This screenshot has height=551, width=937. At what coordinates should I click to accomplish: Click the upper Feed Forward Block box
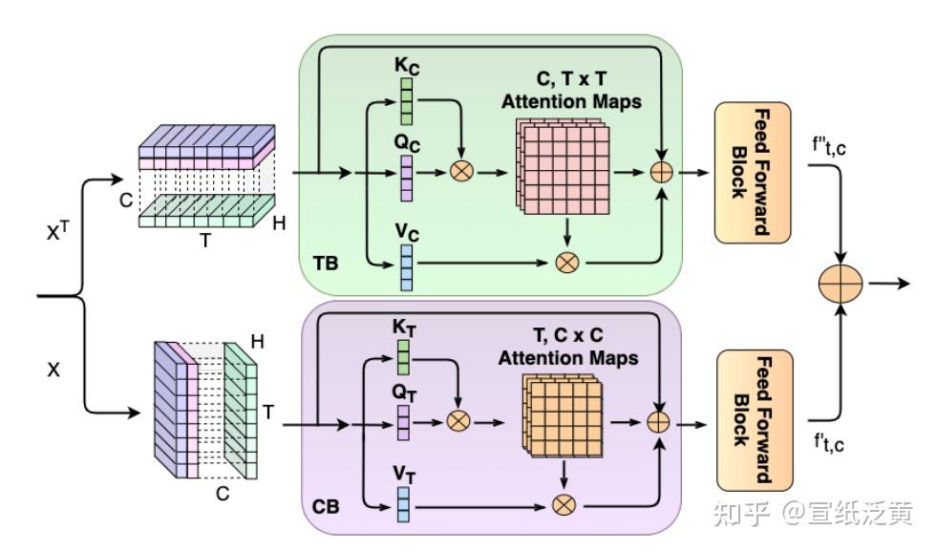point(753,173)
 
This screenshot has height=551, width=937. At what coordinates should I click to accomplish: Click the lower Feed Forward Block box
point(753,421)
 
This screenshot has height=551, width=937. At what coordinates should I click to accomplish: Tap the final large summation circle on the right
point(841,284)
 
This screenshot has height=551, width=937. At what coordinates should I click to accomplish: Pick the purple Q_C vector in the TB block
point(407,175)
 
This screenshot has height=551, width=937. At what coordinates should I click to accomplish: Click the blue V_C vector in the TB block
point(407,266)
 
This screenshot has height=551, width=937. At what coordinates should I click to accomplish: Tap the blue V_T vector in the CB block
point(403,502)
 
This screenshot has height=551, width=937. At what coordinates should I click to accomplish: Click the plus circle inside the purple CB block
point(658,421)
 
